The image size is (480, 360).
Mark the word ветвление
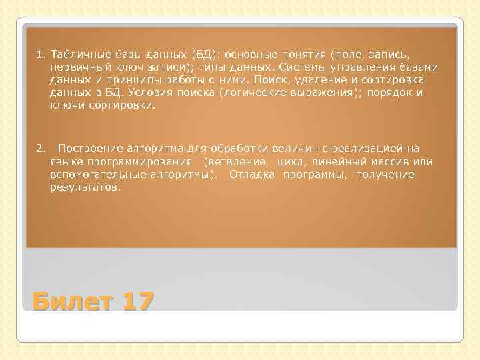click(x=238, y=162)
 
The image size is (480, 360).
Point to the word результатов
click(x=85, y=187)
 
